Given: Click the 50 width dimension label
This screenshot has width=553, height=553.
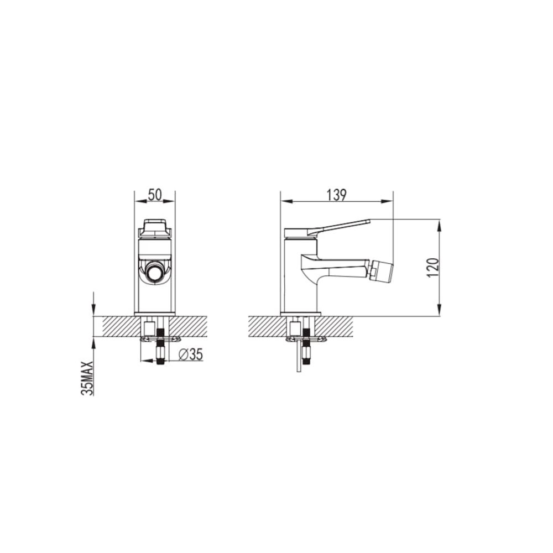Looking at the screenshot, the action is pyautogui.click(x=155, y=195).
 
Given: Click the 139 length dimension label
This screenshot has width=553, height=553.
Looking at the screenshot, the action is pyautogui.click(x=337, y=195).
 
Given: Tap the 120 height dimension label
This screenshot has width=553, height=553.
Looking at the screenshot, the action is pyautogui.click(x=434, y=267).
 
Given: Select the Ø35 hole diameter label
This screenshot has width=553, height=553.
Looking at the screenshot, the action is pyautogui.click(x=191, y=354).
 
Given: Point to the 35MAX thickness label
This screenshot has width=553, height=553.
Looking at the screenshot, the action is pyautogui.click(x=87, y=378).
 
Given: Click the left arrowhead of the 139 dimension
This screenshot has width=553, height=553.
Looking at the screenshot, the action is pyautogui.click(x=285, y=202).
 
